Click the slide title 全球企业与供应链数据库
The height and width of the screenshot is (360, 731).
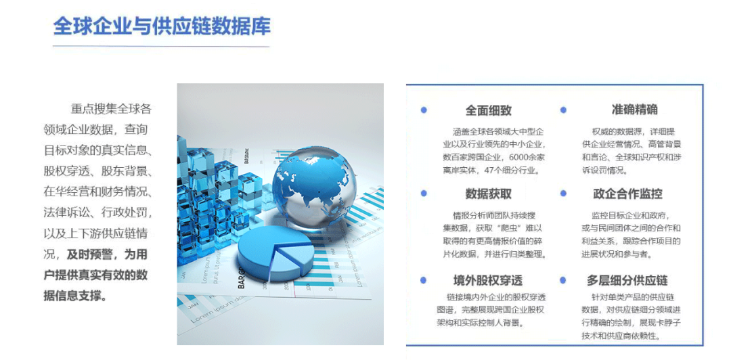pos(162,26)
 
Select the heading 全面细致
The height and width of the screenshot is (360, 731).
pos(488,110)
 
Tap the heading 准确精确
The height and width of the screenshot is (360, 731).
pos(634,110)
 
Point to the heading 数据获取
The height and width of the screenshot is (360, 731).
pos(488,194)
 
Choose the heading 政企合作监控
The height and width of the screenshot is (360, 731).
pos(627,194)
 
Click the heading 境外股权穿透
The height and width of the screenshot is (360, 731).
pos(487,280)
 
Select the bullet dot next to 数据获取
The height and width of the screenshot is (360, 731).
pos(424,194)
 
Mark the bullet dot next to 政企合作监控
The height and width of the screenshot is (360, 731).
pos(563,194)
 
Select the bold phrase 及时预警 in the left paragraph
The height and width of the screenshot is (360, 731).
pos(90,255)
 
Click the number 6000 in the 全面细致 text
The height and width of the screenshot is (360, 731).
pos(520,157)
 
